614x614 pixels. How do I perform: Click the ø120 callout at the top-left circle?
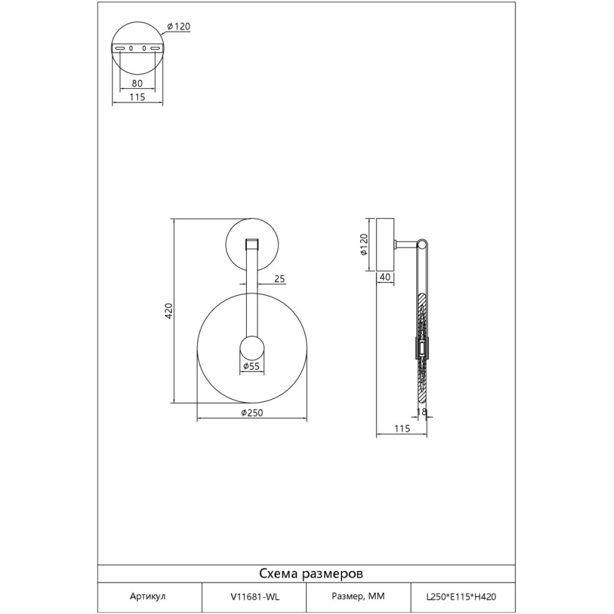(179, 26)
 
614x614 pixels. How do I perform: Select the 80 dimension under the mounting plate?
(137, 84)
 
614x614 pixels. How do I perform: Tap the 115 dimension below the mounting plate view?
(137, 97)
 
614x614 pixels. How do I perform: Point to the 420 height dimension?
(168, 311)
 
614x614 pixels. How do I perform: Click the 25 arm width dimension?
(279, 279)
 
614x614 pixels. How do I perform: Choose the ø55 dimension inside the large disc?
(251, 367)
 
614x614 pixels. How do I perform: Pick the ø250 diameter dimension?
(252, 413)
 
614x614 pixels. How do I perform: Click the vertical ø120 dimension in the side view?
(363, 245)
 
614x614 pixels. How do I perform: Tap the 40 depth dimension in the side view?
(386, 277)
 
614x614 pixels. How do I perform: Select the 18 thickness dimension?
(422, 411)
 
